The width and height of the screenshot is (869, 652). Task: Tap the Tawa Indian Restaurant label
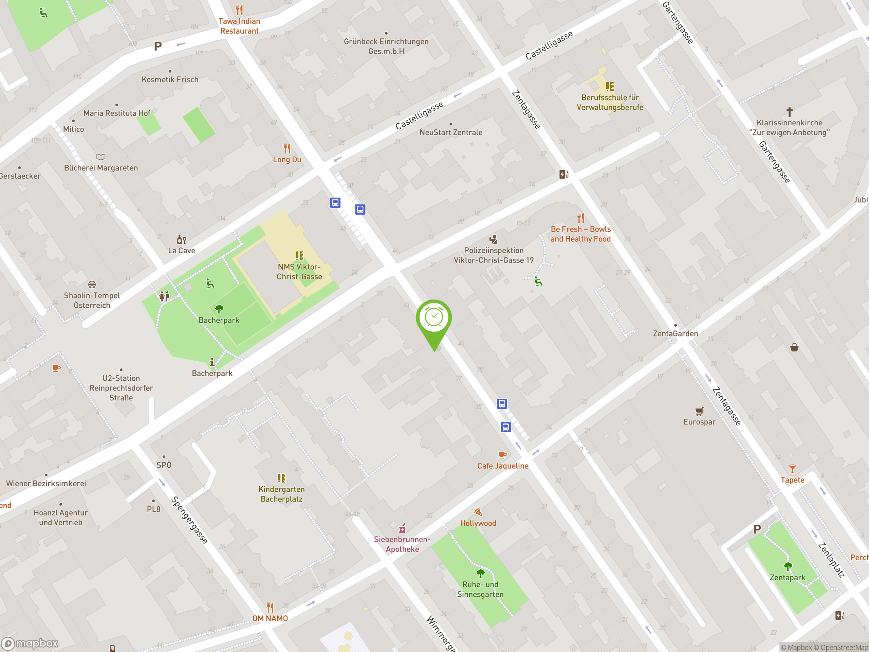pyautogui.click(x=239, y=26)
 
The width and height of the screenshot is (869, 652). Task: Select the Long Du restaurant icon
pyautogui.click(x=287, y=148)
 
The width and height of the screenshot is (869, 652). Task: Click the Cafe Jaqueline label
pyautogui.click(x=502, y=466)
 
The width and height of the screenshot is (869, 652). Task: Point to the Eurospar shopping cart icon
pyautogui.click(x=699, y=412)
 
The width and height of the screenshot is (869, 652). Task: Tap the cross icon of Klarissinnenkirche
pyautogui.click(x=789, y=112)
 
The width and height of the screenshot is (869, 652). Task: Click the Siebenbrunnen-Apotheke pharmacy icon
pyautogui.click(x=402, y=528)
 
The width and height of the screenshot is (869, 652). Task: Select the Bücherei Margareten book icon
pyautogui.click(x=101, y=157)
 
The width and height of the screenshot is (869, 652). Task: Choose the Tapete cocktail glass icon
pyautogui.click(x=792, y=469)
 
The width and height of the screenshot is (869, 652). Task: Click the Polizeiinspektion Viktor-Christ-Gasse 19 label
pyautogui.click(x=494, y=255)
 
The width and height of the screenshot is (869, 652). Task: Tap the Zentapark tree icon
pyautogui.click(x=788, y=566)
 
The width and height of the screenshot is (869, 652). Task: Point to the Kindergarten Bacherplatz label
pyautogui.click(x=281, y=494)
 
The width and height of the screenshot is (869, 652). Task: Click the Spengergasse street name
pyautogui.click(x=189, y=520)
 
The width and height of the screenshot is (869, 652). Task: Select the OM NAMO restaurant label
pyautogui.click(x=270, y=618)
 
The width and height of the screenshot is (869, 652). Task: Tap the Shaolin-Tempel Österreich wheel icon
pyautogui.click(x=92, y=285)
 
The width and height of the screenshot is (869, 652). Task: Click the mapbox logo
pyautogui.click(x=30, y=644)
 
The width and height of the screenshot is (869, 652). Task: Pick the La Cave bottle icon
pyautogui.click(x=181, y=239)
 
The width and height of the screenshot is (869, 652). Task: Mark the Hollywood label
pyautogui.click(x=478, y=523)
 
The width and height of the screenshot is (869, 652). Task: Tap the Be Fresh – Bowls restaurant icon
pyautogui.click(x=581, y=218)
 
